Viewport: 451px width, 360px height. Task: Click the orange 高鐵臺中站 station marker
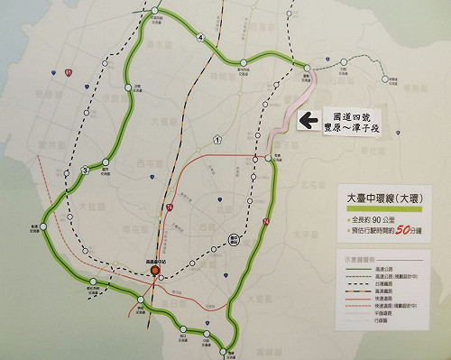155,269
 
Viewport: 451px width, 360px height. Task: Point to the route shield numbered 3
84,170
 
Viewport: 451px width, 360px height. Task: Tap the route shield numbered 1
218,139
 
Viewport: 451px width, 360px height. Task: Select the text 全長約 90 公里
383,219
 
